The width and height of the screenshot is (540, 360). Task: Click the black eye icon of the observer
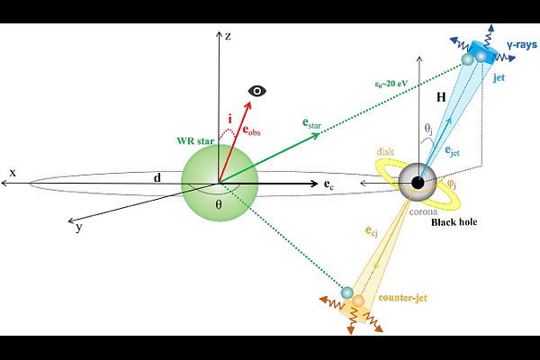point(259,90)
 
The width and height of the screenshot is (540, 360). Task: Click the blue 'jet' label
point(499,78)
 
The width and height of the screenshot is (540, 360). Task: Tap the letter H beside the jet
point(440,95)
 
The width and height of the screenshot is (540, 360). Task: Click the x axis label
point(12,171)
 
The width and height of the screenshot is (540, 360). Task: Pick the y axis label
point(79,228)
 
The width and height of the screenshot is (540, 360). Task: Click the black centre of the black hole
point(418,183)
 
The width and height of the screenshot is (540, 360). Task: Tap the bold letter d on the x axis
point(157,177)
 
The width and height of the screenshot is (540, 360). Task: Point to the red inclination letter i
point(229,117)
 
